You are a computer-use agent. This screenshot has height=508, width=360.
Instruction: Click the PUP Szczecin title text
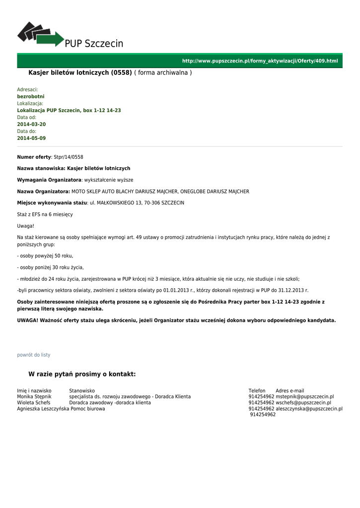[94, 44]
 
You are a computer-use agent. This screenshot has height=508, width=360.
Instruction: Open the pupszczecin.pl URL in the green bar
[260, 61]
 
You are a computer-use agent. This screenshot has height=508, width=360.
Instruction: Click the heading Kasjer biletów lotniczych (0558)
[80, 73]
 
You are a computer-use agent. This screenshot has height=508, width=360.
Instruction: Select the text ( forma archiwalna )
[163, 73]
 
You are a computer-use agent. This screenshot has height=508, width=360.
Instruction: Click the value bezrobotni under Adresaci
[31, 96]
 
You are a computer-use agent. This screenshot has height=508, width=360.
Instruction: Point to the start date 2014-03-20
[31, 124]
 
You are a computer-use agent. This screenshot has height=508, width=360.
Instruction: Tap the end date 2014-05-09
[31, 138]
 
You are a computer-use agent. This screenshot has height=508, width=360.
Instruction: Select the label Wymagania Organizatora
[49, 180]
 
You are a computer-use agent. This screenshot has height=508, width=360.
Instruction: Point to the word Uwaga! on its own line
[26, 226]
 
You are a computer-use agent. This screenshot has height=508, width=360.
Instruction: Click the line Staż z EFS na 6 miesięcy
[45, 214]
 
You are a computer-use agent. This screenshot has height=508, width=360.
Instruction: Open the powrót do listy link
[34, 355]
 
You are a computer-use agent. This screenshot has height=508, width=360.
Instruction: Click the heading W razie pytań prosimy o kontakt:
[82, 374]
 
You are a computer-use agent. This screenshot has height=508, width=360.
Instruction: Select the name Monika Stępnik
[34, 397]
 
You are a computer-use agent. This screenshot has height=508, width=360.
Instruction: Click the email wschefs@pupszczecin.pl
[303, 403]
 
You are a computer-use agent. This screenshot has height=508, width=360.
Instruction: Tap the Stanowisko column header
[82, 391]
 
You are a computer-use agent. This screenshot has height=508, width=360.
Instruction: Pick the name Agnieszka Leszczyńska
[43, 409]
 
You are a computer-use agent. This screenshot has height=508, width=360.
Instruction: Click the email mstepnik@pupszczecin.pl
[305, 397]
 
